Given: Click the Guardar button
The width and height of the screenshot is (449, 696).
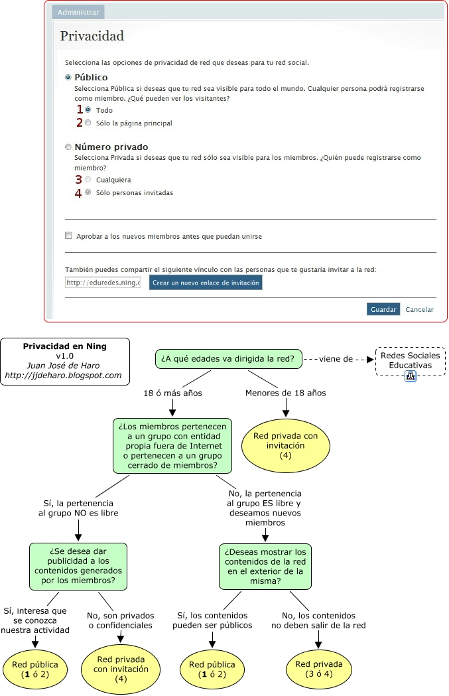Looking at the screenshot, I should coord(383,309).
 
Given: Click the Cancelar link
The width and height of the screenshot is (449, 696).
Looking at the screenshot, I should coord(419,309).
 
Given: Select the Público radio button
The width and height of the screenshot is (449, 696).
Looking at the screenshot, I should coord(68,78).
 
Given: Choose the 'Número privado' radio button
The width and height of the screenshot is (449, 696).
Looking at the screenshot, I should coord(68,147).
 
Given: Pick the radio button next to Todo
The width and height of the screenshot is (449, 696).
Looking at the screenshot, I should coord(88,109).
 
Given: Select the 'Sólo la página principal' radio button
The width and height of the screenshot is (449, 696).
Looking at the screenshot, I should coord(88,123).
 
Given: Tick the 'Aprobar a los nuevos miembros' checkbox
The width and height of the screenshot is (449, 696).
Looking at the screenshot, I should coord(68,236).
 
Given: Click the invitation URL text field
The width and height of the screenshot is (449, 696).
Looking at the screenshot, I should coord(103,283).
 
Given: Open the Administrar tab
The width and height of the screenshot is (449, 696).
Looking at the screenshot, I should coord(78,13).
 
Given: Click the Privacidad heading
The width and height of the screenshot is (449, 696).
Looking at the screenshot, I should coord(92,36).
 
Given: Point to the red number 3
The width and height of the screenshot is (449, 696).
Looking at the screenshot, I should coord(78,179).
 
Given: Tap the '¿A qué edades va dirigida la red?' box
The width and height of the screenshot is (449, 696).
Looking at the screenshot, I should coord(228,359).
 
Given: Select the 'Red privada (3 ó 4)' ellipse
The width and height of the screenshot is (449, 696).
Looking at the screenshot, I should coord(319,669).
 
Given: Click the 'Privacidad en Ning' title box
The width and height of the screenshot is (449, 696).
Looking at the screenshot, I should coord(65,361).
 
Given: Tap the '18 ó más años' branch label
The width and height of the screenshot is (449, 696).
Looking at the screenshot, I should coord(173,393).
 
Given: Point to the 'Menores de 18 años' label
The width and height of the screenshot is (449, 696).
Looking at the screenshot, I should coord(286,393).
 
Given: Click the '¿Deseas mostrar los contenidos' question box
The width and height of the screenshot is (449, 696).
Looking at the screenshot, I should coord(265,566).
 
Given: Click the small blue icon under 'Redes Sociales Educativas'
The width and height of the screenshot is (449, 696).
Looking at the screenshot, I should coord(411,377).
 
